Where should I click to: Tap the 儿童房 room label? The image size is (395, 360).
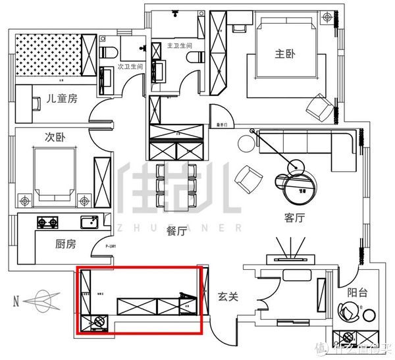coord(62,99)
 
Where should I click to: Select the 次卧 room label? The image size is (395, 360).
coord(53,138)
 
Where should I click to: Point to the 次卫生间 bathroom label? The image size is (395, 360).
coord(130,67)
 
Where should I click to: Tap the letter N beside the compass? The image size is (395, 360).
coord(15,301)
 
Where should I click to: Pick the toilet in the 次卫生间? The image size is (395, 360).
coord(108,53)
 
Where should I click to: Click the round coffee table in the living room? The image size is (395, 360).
coord(294,186)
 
